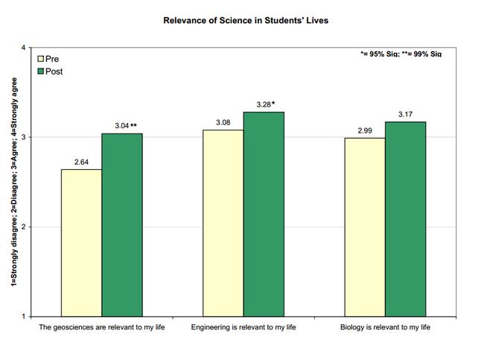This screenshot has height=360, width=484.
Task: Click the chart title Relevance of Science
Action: click(x=246, y=20)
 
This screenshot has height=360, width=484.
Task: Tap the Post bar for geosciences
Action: click(x=122, y=224)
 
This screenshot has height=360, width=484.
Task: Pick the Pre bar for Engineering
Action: click(x=223, y=223)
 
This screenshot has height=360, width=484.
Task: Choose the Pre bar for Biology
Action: click(x=364, y=227)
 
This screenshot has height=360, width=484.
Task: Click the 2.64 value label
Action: click(x=81, y=162)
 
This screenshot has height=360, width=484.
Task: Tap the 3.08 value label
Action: click(x=223, y=122)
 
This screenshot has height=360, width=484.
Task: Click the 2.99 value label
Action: click(x=364, y=130)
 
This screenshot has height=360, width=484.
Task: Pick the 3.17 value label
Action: click(x=405, y=114)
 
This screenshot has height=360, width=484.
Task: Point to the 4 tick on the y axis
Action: click(x=24, y=48)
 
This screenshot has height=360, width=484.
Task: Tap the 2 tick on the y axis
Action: click(x=24, y=227)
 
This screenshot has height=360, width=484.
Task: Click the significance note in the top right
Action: click(x=396, y=54)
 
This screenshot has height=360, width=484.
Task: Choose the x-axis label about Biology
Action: click(x=385, y=328)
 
